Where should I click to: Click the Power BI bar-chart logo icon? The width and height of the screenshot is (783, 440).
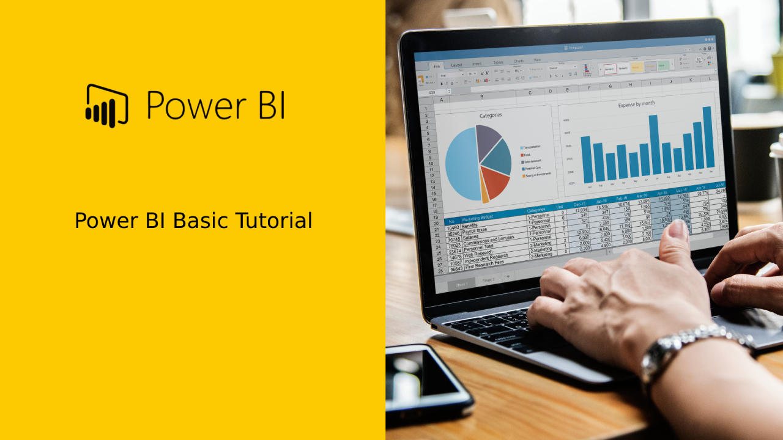[x=106, y=105]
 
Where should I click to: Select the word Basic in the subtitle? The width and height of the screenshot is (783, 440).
[x=201, y=221]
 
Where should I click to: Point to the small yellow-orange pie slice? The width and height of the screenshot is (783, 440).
[x=484, y=194]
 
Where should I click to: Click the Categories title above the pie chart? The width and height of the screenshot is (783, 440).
[x=491, y=115]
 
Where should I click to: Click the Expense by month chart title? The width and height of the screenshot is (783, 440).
[x=636, y=105]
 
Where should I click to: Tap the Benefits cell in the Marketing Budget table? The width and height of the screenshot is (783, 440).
[x=470, y=226]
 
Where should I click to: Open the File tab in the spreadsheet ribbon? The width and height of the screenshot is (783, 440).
[x=436, y=67]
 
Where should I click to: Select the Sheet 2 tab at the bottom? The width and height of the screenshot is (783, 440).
[x=488, y=280]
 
